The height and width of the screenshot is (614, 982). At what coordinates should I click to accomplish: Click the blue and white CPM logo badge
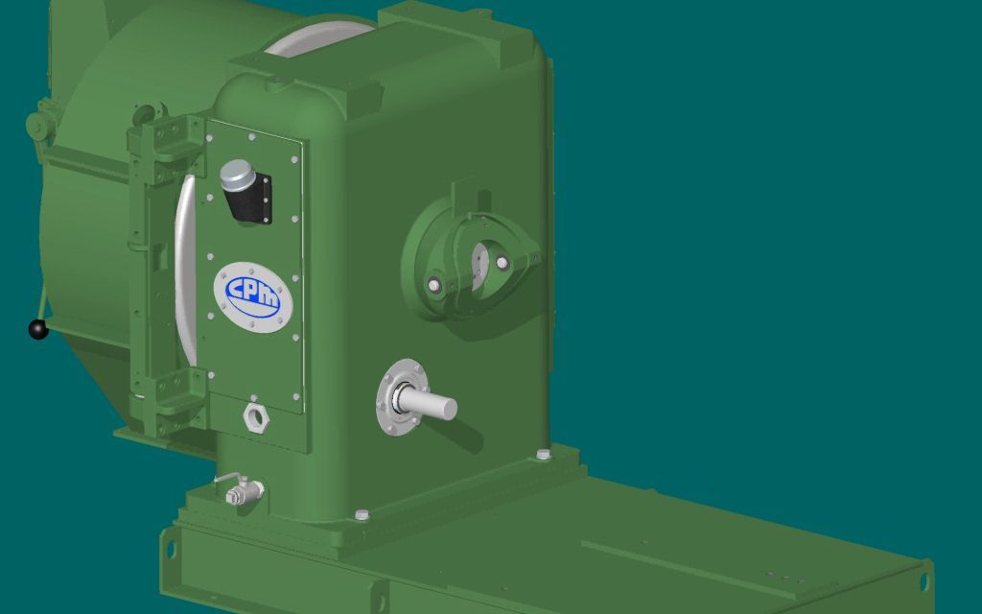[x=253, y=297]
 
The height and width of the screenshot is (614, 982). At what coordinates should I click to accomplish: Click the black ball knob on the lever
[x=38, y=329]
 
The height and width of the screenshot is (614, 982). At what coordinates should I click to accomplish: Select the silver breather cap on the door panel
[x=237, y=175]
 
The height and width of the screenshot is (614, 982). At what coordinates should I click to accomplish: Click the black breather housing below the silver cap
[x=251, y=199]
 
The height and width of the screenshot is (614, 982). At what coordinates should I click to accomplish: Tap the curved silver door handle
[x=185, y=270]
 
